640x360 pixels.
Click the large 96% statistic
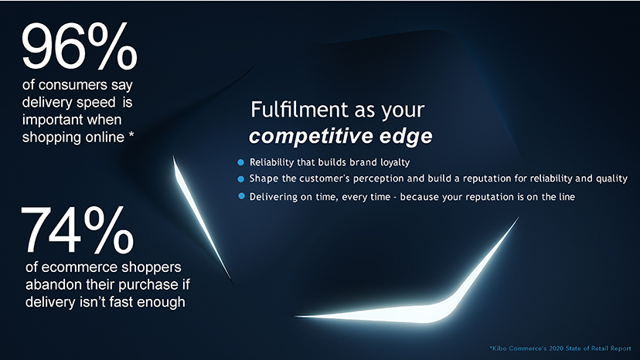[x=79, y=46]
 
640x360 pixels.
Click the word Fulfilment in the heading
[x=300, y=110]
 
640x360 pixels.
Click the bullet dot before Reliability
[x=241, y=162]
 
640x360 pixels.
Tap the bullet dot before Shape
[x=241, y=178]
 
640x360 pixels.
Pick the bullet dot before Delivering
[x=241, y=196]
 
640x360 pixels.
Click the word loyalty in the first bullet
[x=395, y=162]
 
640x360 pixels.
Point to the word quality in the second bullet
[x=611, y=178]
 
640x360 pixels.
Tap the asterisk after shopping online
[x=131, y=134]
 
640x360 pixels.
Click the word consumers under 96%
[x=73, y=85]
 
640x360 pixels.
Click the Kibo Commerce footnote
[x=560, y=348]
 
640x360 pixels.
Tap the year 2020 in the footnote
[x=557, y=348]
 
